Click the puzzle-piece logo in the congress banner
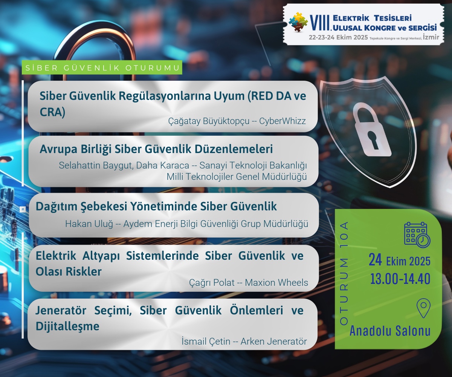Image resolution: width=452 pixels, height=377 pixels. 298,22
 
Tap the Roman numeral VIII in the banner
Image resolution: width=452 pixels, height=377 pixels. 320,23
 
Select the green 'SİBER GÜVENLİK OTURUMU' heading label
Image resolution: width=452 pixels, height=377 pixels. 102,68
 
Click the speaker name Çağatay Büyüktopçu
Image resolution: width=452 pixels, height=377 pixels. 209,121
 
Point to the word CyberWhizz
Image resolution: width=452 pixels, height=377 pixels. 282,121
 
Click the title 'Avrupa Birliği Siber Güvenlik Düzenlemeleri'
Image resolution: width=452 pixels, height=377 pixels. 156,149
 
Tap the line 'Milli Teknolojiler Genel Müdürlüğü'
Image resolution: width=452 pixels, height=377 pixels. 237,176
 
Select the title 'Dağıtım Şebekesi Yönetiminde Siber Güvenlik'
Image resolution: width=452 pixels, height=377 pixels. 156,206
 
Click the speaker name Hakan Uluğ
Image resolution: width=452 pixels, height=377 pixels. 89,224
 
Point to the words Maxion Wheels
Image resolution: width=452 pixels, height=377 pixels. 276,282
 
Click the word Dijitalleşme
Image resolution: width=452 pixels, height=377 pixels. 67,326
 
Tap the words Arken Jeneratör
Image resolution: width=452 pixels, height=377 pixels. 273,342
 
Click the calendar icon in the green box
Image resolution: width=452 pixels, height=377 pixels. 417,235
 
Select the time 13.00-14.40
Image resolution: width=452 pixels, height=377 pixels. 400,279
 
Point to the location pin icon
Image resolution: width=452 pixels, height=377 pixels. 423,308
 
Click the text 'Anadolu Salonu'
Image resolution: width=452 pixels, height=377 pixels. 390,331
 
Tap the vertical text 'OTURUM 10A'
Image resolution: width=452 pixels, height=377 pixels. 344,273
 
